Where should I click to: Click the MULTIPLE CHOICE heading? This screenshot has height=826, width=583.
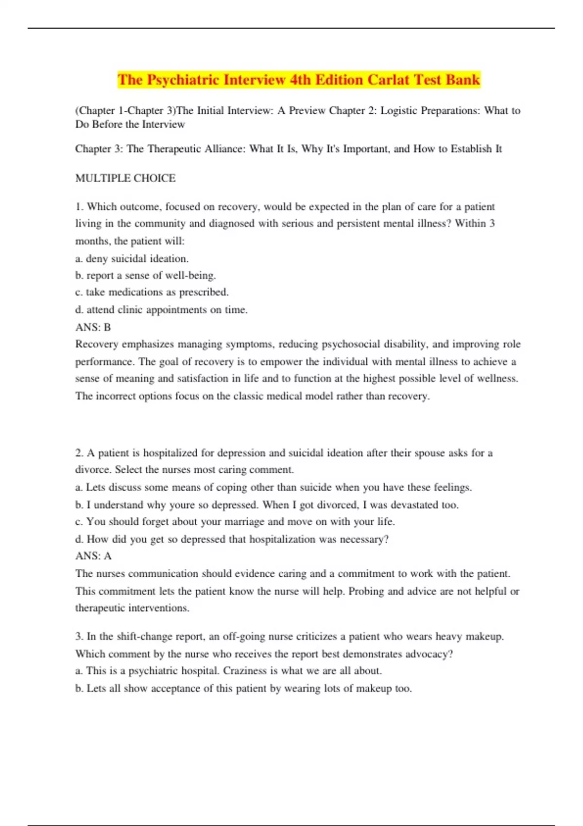click(125, 178)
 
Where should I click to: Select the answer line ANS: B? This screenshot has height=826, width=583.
click(93, 327)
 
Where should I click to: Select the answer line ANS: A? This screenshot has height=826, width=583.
click(93, 556)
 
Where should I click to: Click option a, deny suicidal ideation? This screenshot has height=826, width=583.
click(132, 258)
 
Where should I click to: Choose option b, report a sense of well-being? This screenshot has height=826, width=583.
click(146, 275)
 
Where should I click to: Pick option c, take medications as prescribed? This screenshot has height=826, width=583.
click(152, 293)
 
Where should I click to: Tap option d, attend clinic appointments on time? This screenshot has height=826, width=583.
click(162, 310)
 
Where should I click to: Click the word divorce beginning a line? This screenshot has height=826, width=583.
click(92, 470)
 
